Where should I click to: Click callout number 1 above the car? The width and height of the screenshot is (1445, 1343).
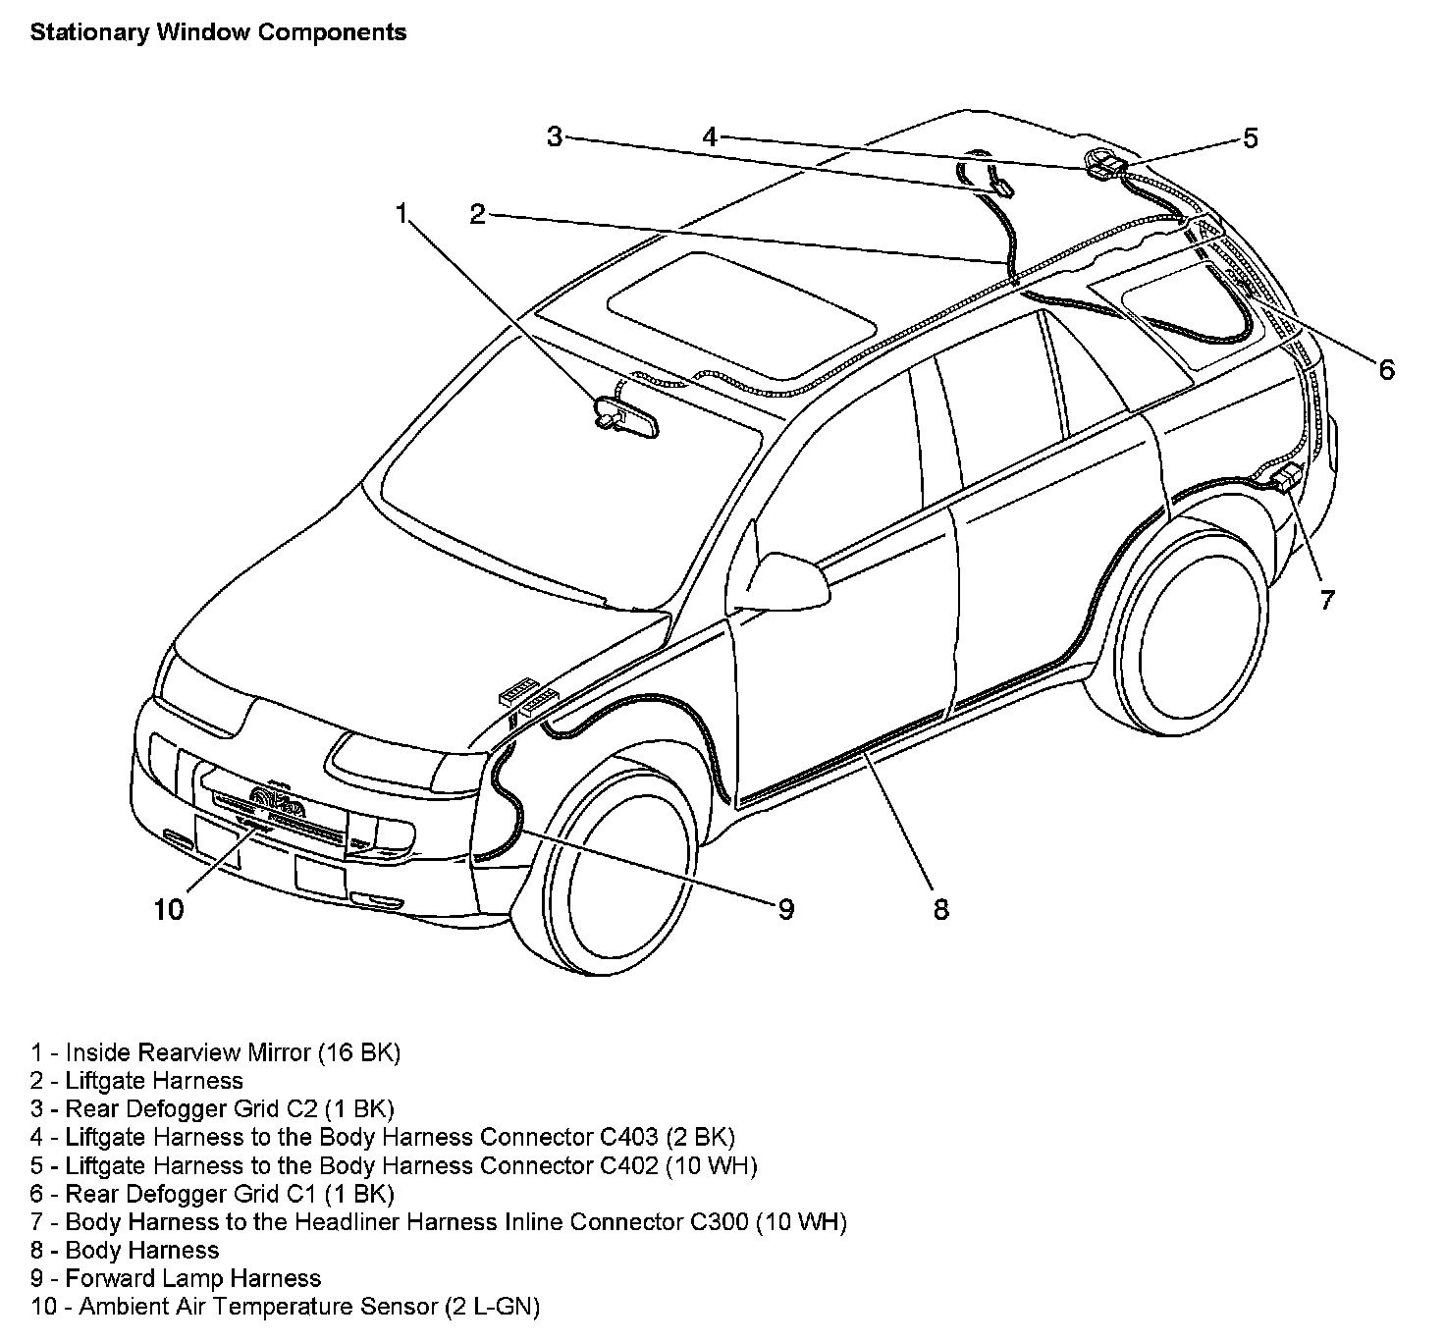[401, 213]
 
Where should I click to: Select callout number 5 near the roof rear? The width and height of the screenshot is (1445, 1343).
[1250, 138]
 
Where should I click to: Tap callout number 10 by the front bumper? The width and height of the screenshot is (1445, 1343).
[169, 909]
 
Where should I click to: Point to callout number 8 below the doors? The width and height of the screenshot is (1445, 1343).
[940, 909]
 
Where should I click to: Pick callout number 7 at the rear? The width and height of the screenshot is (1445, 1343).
[1326, 599]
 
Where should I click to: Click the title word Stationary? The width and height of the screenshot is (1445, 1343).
[86, 32]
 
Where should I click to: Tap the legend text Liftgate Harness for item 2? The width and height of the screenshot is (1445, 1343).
[153, 1081]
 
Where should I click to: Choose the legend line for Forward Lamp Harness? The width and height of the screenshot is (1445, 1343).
[192, 1278]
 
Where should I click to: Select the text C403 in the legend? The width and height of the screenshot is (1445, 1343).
[628, 1138]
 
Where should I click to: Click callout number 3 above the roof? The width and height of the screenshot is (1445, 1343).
[555, 138]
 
